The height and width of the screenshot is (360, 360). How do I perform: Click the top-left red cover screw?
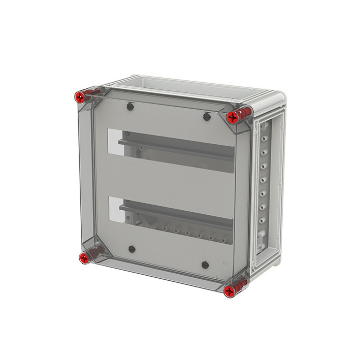point(80,97)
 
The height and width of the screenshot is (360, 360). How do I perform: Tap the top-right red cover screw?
point(233,117)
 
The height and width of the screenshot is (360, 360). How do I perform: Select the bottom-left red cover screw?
point(84,258)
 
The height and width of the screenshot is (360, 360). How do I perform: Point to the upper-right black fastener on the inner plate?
point(206,117)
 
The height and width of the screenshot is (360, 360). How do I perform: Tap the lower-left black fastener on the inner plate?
point(132,249)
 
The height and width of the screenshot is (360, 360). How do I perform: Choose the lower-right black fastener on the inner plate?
point(205,265)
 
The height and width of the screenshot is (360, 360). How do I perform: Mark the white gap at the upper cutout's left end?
point(115,142)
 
